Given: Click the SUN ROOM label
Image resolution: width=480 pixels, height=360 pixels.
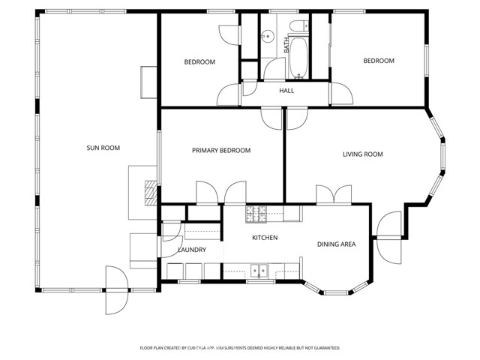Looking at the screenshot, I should (103, 148).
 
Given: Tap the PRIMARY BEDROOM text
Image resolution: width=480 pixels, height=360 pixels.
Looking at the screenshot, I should (221, 151).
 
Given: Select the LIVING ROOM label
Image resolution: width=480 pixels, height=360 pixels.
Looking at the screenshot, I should (363, 154).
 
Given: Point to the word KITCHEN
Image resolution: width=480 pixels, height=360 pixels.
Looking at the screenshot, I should (265, 238).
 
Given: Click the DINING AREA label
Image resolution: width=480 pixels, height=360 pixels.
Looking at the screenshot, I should (336, 244).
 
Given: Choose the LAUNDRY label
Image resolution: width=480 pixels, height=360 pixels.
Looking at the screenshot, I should (192, 250).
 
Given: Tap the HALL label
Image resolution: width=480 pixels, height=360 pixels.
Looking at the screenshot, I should (286, 91).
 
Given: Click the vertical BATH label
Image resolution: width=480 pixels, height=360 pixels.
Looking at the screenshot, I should (286, 45).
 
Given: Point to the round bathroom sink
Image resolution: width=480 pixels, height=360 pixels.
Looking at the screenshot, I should (266, 36).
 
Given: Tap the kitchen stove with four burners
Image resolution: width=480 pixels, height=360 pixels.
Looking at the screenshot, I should (255, 214).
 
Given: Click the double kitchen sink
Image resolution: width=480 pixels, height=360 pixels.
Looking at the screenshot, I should (260, 270).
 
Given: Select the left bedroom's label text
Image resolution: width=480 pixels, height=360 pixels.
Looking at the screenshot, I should (199, 61).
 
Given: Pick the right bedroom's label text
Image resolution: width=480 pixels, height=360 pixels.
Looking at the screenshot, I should (379, 61).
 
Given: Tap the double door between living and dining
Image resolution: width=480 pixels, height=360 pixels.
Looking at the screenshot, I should (331, 195).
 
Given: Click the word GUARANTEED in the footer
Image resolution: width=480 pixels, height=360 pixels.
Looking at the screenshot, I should (324, 348).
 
